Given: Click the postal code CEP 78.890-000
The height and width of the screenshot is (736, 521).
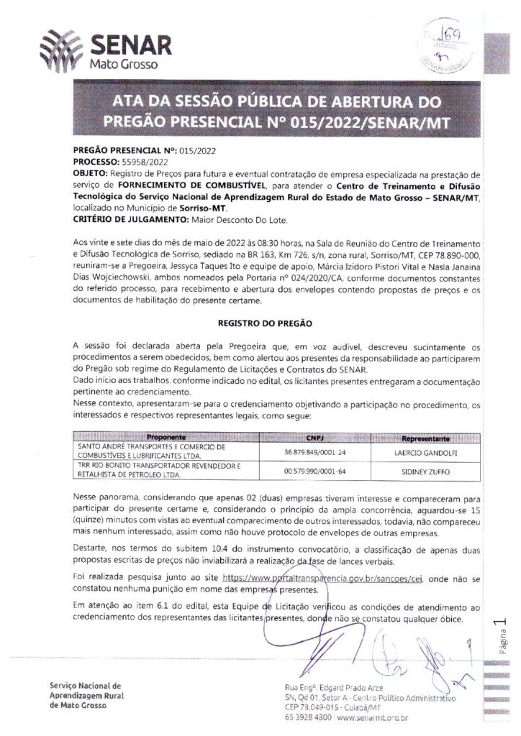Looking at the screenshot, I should (x=445, y=264).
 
